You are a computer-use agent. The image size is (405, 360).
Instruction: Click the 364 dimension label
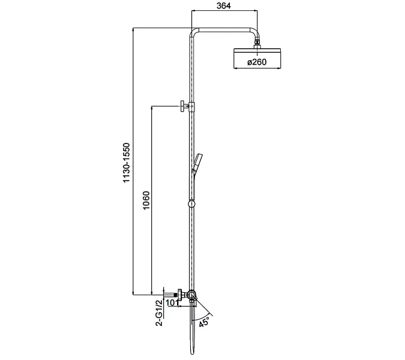pos(224,5)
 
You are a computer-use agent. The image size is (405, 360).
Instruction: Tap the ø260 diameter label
pos(257,62)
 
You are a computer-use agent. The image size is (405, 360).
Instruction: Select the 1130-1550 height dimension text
pos(127,163)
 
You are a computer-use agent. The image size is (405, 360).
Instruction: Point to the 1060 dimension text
pos(146,200)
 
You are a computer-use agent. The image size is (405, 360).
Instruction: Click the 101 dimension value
pos(172,302)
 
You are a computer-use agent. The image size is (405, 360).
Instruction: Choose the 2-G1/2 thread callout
pos(160,313)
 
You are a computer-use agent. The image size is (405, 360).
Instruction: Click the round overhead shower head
pos(257,58)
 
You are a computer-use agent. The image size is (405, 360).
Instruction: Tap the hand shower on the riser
pos(197,164)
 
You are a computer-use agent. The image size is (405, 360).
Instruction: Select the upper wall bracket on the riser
pos(188,107)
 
